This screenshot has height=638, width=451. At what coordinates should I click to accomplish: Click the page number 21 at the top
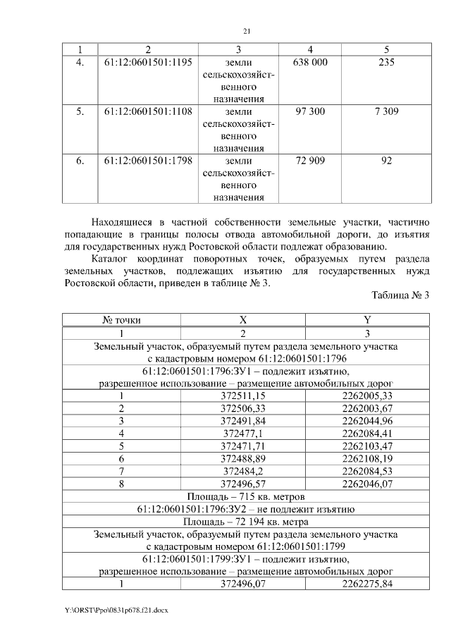coord(246,31)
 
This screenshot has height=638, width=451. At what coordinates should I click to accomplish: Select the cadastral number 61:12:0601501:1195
coord(148,63)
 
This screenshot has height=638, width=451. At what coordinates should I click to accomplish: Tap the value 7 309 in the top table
coord(386,111)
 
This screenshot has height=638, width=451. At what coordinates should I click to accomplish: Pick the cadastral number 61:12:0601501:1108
coord(148,111)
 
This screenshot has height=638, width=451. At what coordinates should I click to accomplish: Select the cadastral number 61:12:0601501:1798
coord(148,161)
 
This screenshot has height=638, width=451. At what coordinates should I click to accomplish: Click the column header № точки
coord(122,320)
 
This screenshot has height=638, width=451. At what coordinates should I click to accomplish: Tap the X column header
coord(243,320)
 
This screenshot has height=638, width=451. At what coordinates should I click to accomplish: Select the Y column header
coord(366,320)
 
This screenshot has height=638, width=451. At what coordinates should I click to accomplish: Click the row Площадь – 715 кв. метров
coord(245,496)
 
